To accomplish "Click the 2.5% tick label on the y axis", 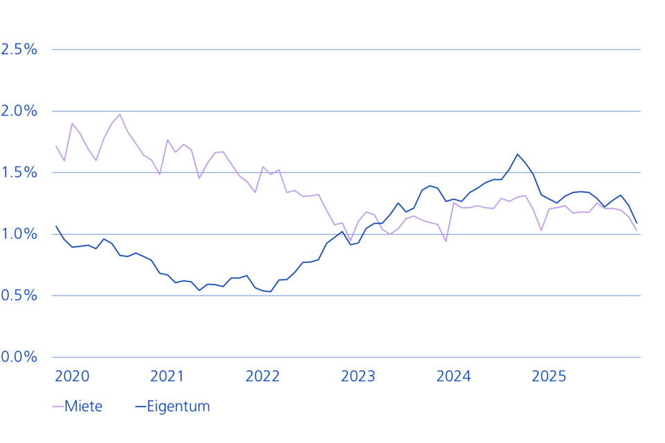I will [19, 49].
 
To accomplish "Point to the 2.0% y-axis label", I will [19, 111].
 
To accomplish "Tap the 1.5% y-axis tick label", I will [19, 172].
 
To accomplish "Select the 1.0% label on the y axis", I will [19, 234].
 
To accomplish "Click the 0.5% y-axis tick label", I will [19, 296].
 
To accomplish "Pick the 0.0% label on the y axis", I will [19, 357].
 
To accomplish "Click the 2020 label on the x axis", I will [71, 377].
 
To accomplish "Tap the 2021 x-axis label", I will [167, 377].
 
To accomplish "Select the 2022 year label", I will [263, 377].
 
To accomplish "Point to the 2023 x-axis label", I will [358, 377].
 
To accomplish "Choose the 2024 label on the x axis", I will [454, 377].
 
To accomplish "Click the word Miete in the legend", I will [83, 406].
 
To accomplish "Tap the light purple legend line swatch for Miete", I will [57, 406].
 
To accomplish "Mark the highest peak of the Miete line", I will [120, 114].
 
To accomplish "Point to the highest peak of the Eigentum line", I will [517, 154].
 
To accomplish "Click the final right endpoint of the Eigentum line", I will [637, 223].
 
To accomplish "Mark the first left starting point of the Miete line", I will [56, 146].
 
